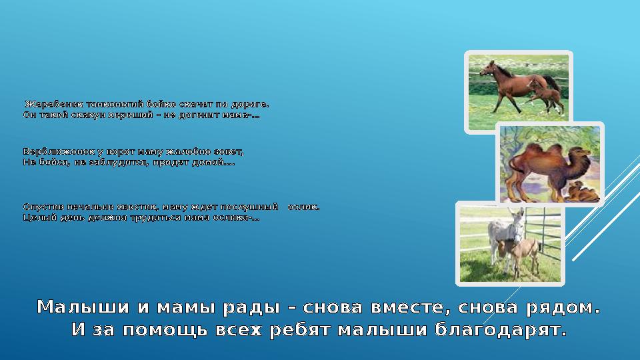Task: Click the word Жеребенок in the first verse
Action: coord(46,105)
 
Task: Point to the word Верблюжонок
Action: coord(51,152)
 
